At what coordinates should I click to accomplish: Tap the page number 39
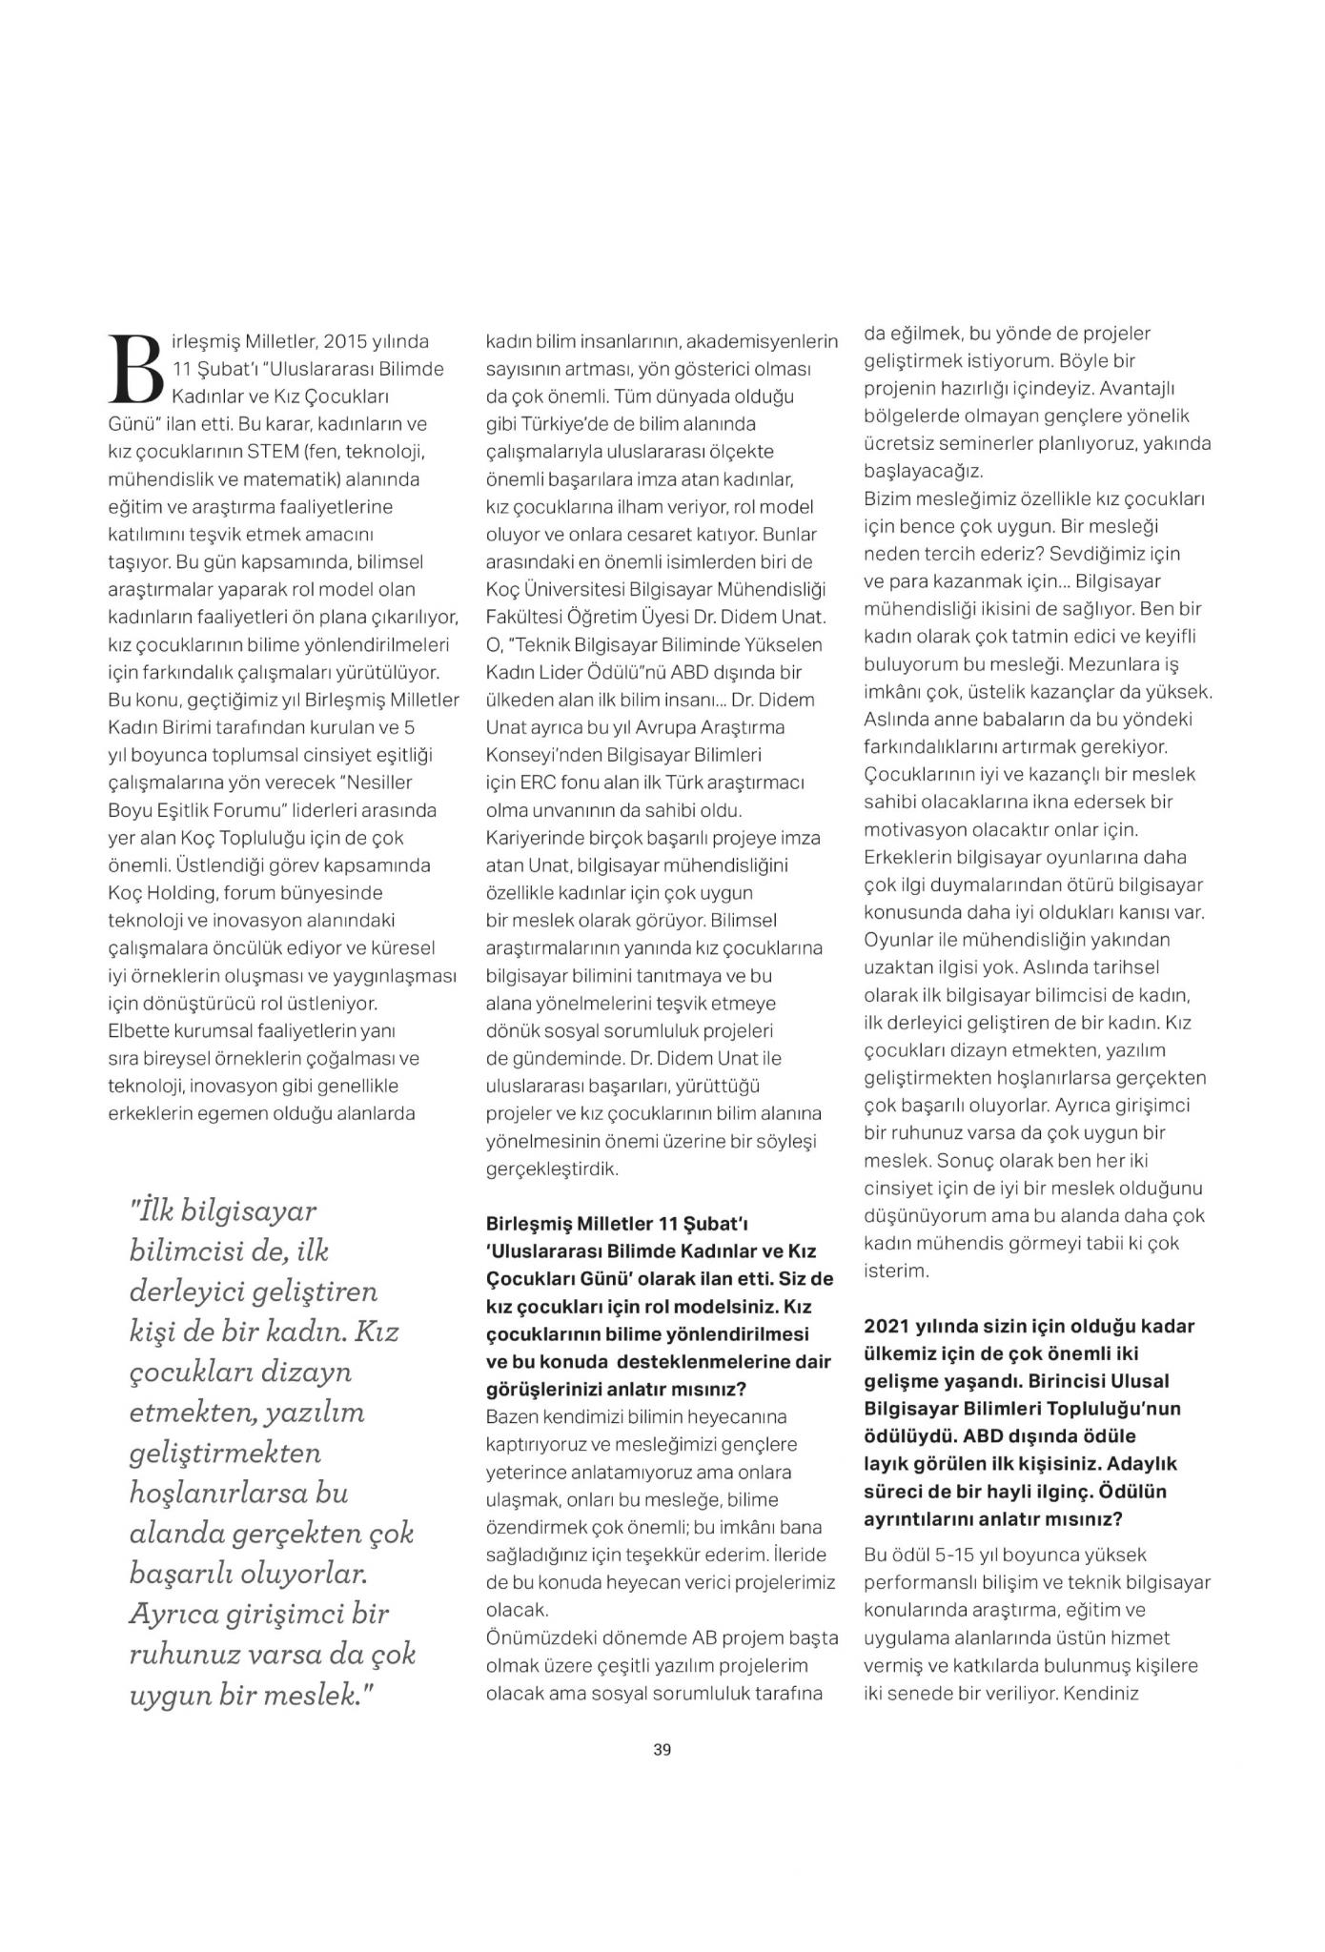[662, 1749]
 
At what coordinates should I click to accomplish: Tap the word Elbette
[138, 1031]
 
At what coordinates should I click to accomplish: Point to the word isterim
[895, 1271]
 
